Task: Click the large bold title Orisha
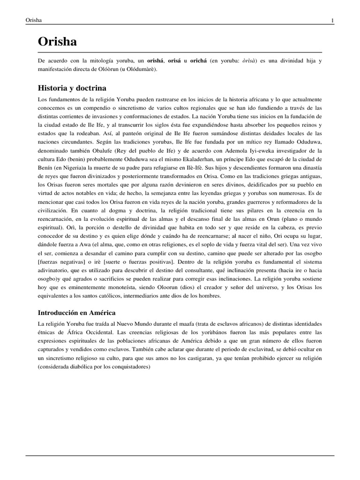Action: (57, 42)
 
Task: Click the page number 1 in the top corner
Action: (332, 20)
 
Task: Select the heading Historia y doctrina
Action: (72, 88)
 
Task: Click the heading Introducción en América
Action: (76, 312)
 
